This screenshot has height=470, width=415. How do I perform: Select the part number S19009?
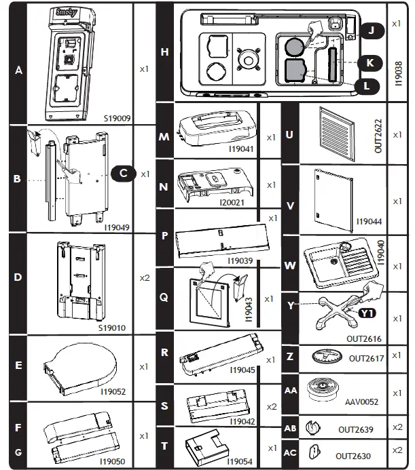117,118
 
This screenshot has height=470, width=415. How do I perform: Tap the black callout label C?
123,173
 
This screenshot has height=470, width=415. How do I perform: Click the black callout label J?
371,31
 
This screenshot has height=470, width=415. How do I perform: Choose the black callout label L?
367,86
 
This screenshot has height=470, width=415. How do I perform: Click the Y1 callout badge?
367,313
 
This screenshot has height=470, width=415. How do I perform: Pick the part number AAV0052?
361,402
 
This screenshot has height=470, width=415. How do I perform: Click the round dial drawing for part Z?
326,356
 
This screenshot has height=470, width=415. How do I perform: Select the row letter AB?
290,429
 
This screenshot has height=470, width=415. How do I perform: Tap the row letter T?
164,447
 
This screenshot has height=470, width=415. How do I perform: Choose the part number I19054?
240,461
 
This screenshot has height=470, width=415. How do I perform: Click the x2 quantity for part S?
271,406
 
